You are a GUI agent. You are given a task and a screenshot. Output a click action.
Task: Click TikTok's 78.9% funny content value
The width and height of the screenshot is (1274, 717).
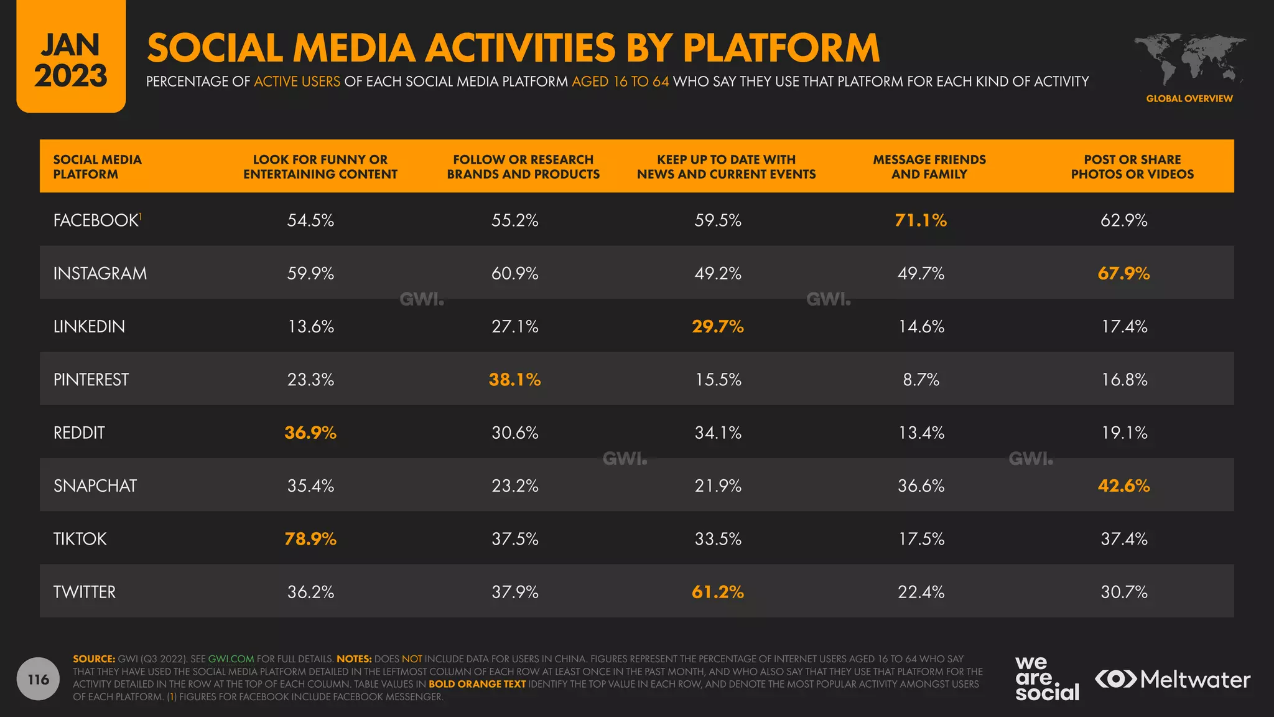[x=310, y=538]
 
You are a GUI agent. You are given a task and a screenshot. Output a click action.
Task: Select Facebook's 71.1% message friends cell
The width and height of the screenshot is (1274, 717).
[x=921, y=220]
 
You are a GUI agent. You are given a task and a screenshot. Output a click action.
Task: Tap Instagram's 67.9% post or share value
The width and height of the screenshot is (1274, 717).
[x=1123, y=273]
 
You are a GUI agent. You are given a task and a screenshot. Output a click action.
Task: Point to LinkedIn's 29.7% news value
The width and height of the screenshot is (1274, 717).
[x=718, y=326]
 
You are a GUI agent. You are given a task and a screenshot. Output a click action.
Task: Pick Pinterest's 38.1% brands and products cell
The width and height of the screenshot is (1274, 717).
[x=514, y=380]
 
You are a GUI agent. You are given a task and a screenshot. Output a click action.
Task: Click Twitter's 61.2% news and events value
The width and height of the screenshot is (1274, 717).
[x=718, y=592]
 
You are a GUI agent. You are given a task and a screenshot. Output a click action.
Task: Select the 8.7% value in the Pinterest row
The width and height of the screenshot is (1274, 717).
[x=921, y=380]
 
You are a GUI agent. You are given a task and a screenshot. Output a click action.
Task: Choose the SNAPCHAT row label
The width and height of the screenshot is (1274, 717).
[x=95, y=485]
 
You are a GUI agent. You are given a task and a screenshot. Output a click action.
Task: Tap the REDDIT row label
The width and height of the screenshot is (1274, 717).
[x=79, y=433]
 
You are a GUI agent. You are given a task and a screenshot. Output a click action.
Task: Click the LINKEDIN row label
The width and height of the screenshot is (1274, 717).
[x=89, y=326]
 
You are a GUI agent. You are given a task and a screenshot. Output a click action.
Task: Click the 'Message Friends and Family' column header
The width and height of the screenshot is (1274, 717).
[x=929, y=167]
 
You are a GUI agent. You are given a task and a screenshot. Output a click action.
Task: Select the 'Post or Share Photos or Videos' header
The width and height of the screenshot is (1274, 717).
[x=1132, y=167]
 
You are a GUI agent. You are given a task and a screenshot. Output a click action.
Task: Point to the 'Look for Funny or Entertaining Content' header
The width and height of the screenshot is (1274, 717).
[x=320, y=167]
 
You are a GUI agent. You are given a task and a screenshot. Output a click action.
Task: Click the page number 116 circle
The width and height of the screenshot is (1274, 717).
[x=38, y=679]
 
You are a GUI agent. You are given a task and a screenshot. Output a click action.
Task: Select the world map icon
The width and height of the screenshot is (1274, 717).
[x=1189, y=59]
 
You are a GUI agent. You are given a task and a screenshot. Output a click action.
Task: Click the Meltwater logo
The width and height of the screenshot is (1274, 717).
[x=1172, y=679]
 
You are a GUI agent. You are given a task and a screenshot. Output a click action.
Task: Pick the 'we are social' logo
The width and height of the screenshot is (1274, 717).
[x=1046, y=678]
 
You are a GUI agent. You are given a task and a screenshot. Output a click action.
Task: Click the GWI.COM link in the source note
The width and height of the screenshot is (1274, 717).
[x=231, y=658]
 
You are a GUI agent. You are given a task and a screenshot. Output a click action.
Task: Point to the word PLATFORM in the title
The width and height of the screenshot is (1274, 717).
[x=781, y=48]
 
